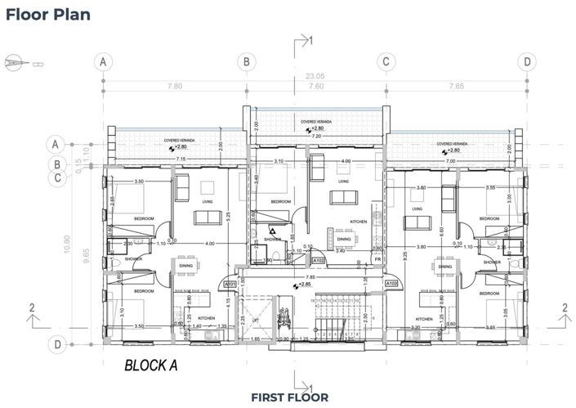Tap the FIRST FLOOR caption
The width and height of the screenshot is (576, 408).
click(289, 397)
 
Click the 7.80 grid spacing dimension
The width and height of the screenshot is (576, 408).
click(173, 86)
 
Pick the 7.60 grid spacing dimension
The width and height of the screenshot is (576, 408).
click(315, 86)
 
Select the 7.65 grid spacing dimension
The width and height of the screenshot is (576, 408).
click(456, 86)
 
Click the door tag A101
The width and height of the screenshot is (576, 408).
click(230, 285)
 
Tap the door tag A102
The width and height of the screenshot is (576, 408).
click(321, 262)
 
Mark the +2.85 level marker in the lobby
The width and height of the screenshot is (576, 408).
click(304, 285)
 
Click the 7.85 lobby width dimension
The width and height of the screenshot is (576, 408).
click(310, 276)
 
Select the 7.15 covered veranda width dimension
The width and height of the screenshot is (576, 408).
click(177, 159)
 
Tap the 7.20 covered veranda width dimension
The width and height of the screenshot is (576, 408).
click(315, 136)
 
